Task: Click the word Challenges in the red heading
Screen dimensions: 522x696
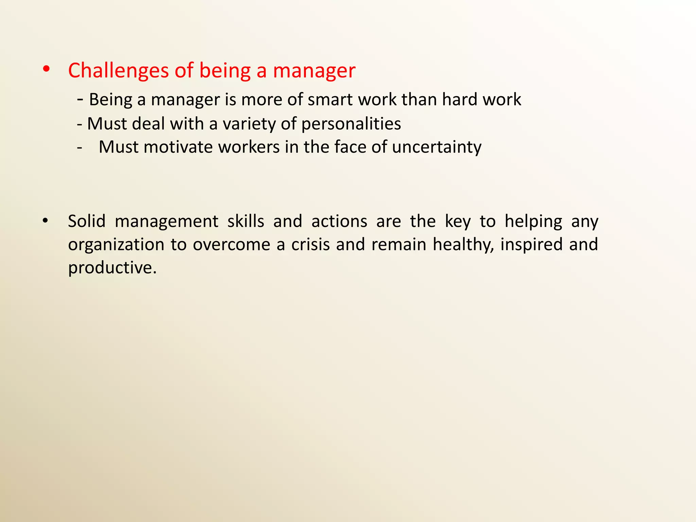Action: [118, 71]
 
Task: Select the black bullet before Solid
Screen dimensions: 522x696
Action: [45, 221]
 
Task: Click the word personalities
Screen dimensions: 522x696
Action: [351, 124]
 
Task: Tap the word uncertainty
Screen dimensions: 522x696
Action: [436, 147]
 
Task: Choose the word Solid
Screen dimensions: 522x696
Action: [87, 221]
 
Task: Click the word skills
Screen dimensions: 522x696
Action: [246, 221]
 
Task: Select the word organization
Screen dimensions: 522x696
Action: [116, 245]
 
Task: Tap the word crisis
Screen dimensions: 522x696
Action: [310, 245]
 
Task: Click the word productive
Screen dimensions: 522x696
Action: [112, 268]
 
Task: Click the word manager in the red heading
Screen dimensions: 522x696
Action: [314, 71]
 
